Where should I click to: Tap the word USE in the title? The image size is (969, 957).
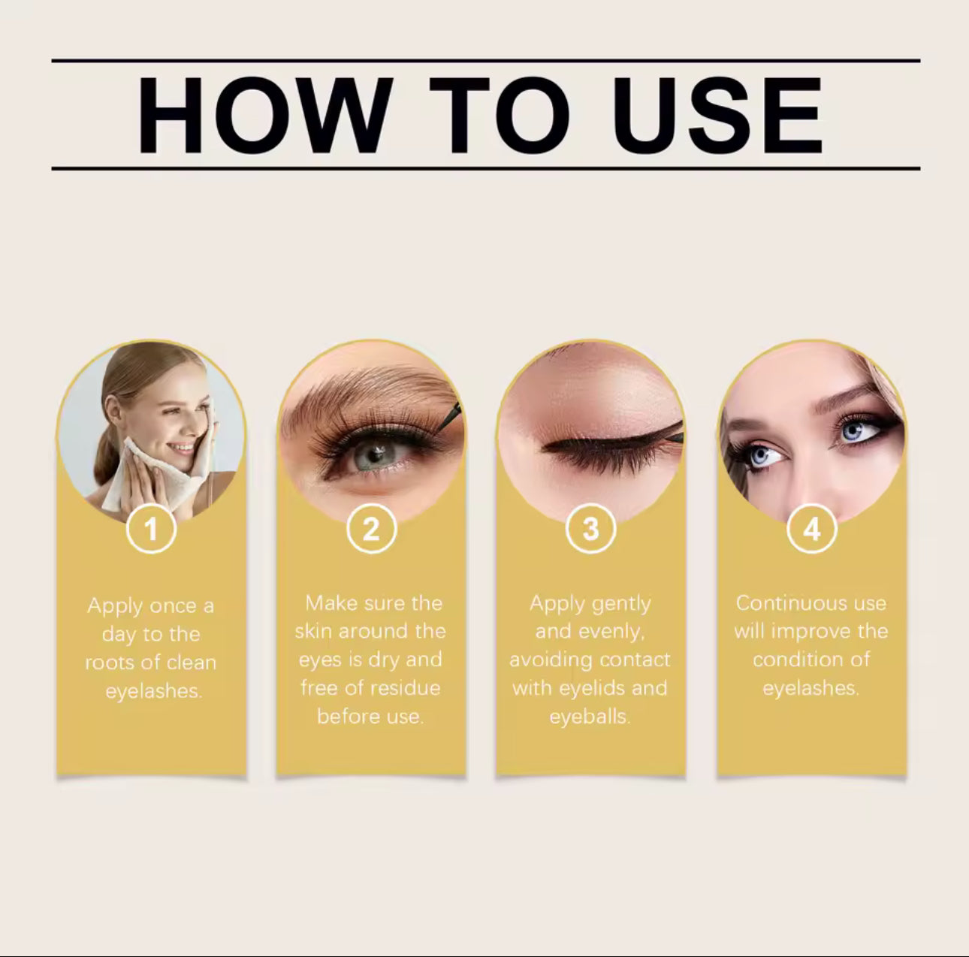click(x=717, y=116)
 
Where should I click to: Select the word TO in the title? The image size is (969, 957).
click(x=499, y=116)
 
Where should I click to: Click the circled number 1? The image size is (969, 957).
click(x=151, y=530)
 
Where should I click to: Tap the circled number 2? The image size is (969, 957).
click(x=371, y=530)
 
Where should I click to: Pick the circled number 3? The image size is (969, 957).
click(x=590, y=530)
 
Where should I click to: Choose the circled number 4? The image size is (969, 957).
click(x=811, y=530)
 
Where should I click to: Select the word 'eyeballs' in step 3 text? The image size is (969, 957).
click(x=590, y=717)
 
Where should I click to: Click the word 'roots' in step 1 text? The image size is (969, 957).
click(x=111, y=663)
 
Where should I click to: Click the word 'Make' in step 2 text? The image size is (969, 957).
click(x=328, y=603)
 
